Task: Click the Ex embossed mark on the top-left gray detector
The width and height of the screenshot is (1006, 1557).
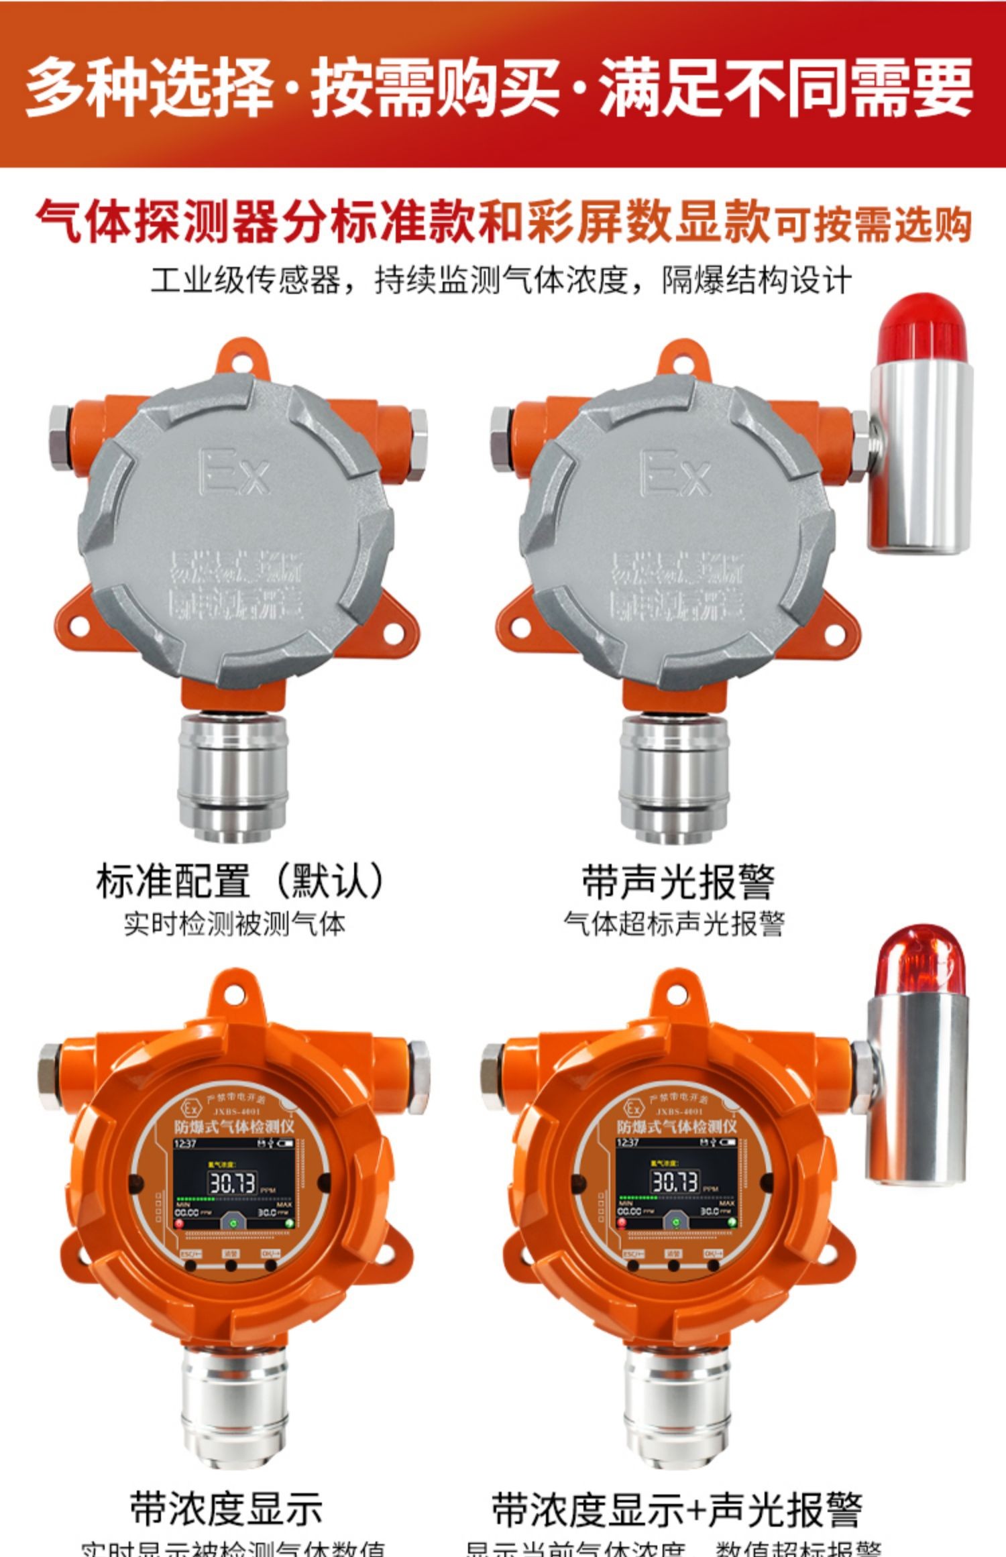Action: (x=235, y=472)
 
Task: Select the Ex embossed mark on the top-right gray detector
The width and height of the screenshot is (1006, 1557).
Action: (x=675, y=472)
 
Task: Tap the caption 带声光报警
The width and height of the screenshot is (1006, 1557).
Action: (x=677, y=882)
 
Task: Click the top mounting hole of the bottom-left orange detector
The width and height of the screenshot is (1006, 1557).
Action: (x=235, y=992)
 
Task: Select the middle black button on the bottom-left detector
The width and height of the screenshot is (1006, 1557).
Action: (x=231, y=1267)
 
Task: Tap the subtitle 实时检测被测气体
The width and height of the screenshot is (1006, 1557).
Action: (x=234, y=924)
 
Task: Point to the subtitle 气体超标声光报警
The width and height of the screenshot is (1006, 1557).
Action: (x=674, y=924)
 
